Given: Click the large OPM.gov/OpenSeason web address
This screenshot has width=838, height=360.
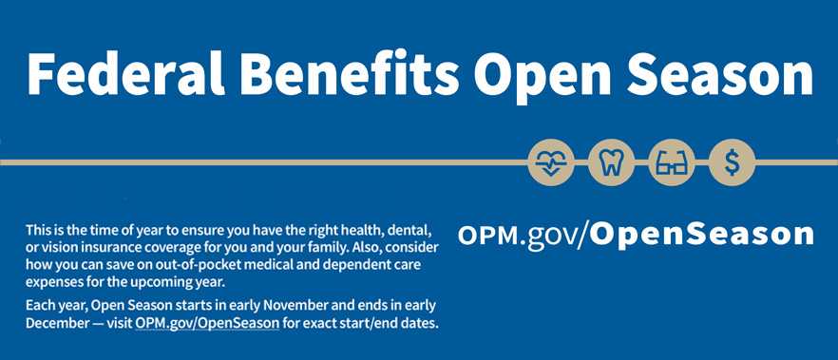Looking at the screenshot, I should click(x=636, y=234).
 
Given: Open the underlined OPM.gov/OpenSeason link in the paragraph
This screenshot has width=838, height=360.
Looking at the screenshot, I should click(x=207, y=323).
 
